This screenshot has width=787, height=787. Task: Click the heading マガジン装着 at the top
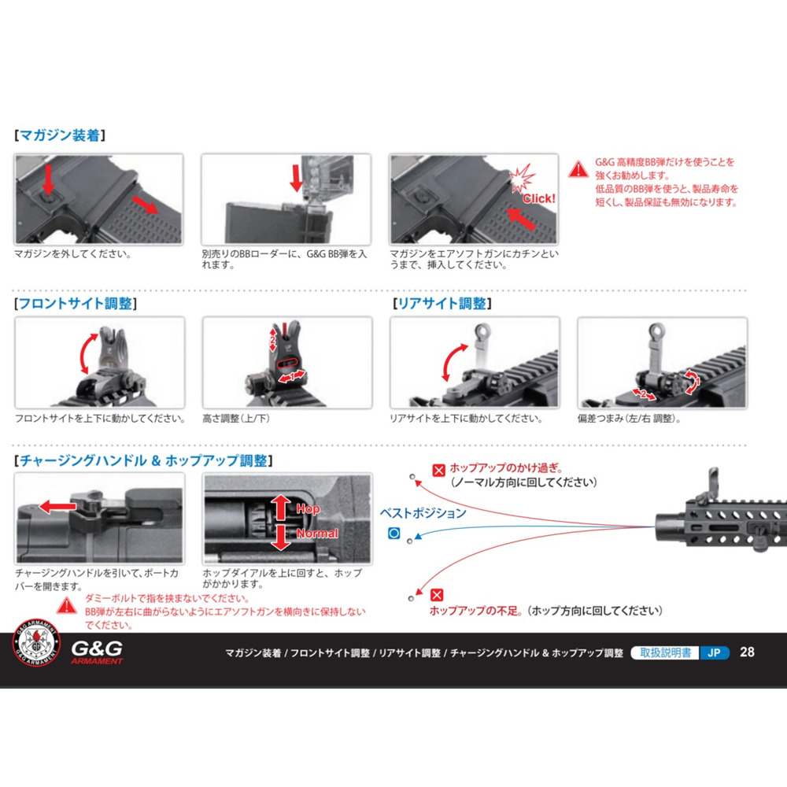(x=61, y=135)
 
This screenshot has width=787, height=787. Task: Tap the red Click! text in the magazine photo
(x=539, y=198)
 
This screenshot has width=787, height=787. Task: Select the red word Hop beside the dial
(x=308, y=508)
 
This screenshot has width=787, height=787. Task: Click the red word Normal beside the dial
(x=317, y=533)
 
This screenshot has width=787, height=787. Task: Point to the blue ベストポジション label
(x=423, y=513)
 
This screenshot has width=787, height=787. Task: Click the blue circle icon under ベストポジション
(x=394, y=533)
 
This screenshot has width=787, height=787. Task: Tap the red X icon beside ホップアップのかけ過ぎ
(x=438, y=471)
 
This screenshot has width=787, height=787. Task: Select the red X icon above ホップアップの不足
(x=437, y=595)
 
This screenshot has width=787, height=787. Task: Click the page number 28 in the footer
(x=747, y=652)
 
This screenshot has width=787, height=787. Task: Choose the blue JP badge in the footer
(x=714, y=652)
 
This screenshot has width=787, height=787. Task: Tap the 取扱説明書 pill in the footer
(x=665, y=652)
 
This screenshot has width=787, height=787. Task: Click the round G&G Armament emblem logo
(x=36, y=642)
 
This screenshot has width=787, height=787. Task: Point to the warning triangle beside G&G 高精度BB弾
(x=578, y=169)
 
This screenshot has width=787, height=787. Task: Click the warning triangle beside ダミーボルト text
(x=66, y=606)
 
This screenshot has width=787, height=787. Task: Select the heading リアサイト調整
(x=442, y=303)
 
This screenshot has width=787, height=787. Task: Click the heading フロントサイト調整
(x=76, y=303)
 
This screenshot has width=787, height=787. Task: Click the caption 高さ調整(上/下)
(x=236, y=419)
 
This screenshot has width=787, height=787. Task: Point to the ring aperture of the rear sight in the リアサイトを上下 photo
(x=482, y=331)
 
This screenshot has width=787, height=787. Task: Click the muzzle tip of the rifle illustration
(x=657, y=527)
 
